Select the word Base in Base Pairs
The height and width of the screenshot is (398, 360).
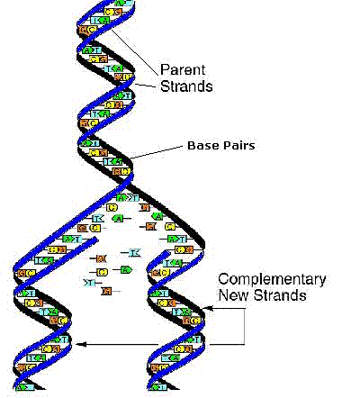click(x=202, y=145)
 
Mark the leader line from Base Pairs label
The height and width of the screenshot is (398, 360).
click(x=157, y=156)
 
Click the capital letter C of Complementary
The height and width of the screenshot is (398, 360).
click(x=223, y=278)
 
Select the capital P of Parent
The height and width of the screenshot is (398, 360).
click(x=164, y=69)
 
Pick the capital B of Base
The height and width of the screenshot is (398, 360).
click(x=191, y=145)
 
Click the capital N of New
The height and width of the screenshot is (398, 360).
click(x=222, y=295)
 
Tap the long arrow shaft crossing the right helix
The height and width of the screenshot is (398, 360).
click(x=144, y=343)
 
